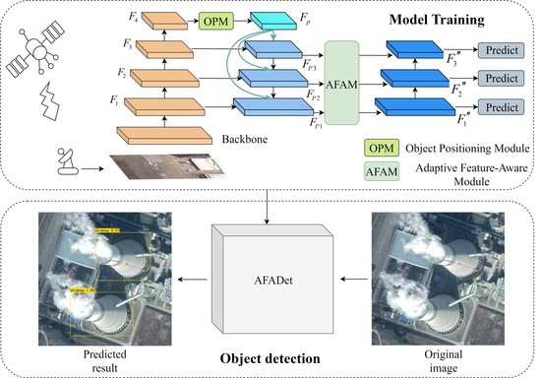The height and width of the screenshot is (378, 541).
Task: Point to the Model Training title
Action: [x=455, y=20]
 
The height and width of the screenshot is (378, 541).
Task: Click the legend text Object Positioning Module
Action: [x=464, y=148]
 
